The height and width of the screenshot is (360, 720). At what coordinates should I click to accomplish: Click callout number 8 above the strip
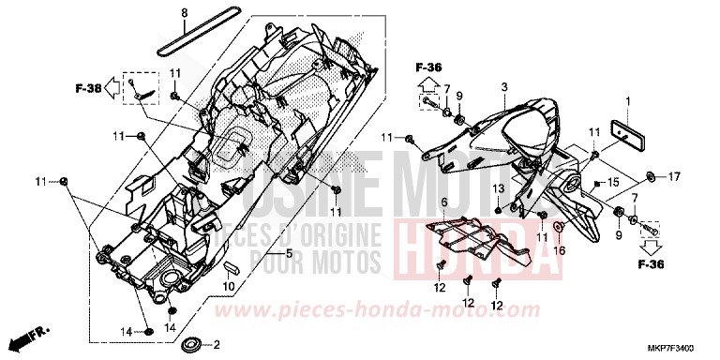click(x=184, y=12)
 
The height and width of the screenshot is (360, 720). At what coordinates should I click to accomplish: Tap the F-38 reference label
click(x=88, y=88)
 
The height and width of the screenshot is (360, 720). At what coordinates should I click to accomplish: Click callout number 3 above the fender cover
click(x=503, y=87)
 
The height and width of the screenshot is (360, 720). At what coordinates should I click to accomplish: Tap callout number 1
click(x=628, y=100)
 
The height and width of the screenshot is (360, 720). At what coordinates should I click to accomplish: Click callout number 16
click(x=560, y=250)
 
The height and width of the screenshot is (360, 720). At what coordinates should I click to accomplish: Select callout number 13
click(x=499, y=189)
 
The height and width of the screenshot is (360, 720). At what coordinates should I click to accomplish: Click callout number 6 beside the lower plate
click(x=443, y=202)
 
